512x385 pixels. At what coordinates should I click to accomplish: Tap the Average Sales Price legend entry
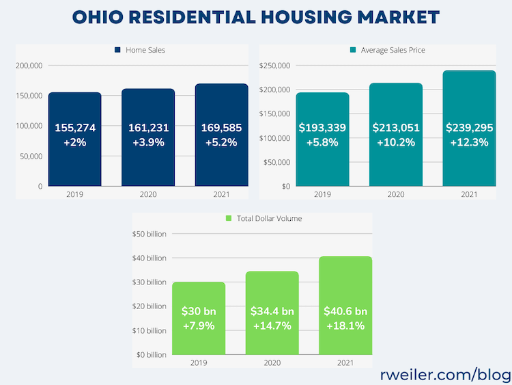coord(387,50)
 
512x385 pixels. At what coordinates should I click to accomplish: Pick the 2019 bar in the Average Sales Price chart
coord(322,164)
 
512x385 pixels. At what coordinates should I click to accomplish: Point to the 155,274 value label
coord(75,128)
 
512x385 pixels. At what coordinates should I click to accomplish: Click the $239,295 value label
coord(469,128)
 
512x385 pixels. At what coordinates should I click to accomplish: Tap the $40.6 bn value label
coord(345,311)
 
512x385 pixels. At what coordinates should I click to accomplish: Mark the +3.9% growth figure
coord(148,143)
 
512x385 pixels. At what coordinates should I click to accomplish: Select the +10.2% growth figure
coord(396,143)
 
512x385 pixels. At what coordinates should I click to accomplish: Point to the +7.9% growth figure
coord(199,326)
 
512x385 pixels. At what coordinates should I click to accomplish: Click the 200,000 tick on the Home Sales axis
coord(28,66)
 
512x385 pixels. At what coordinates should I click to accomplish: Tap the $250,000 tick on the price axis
coord(275,66)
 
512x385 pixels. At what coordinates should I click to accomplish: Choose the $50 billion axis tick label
coord(149,235)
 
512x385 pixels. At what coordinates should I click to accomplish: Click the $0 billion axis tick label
coord(150,355)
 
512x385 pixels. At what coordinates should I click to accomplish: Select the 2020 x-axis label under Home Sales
coord(148,194)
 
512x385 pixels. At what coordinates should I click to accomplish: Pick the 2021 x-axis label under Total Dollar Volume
coord(345,363)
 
